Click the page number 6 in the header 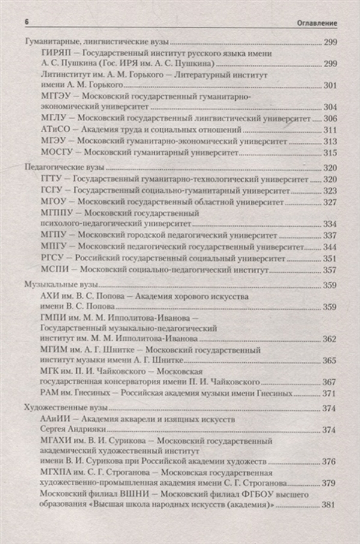click(26, 22)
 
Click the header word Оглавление click(317, 23)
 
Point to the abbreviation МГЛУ click(51, 119)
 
